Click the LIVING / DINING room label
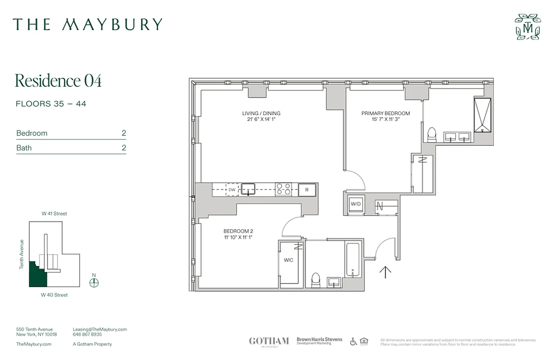(x=261, y=113)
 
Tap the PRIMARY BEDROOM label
(x=386, y=113)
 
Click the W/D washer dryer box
(x=356, y=204)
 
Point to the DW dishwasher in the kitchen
(x=232, y=190)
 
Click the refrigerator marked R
(x=307, y=190)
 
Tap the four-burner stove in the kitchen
(x=283, y=189)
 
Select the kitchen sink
(x=248, y=189)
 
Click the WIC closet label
(x=288, y=260)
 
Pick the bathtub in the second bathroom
(x=353, y=261)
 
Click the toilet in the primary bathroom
(x=432, y=134)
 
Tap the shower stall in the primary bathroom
(x=482, y=115)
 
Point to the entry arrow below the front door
(x=386, y=272)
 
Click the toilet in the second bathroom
(x=316, y=280)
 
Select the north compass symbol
(x=94, y=282)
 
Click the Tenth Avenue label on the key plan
(x=21, y=254)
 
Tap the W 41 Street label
(x=54, y=214)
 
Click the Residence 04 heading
(x=58, y=81)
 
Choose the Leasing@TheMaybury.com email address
(x=99, y=329)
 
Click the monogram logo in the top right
(x=528, y=27)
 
